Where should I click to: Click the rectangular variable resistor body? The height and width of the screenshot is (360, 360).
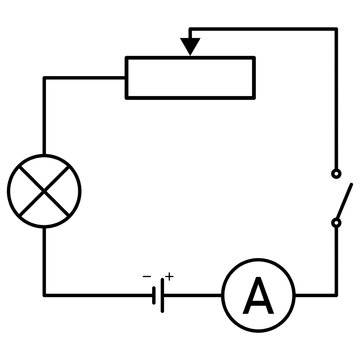click(189, 77)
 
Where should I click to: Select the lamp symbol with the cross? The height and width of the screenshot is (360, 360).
click(43, 186)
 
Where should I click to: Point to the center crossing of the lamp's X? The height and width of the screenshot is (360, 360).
click(43, 186)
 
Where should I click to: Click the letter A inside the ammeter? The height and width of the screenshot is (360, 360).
click(258, 296)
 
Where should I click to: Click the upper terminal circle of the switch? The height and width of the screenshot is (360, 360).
click(336, 172)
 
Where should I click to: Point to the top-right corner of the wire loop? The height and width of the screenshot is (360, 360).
click(335, 30)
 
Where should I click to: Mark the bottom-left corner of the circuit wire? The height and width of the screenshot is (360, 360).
click(44, 296)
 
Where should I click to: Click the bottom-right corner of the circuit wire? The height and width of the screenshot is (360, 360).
click(335, 296)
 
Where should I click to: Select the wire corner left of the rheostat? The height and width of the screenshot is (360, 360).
click(44, 77)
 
